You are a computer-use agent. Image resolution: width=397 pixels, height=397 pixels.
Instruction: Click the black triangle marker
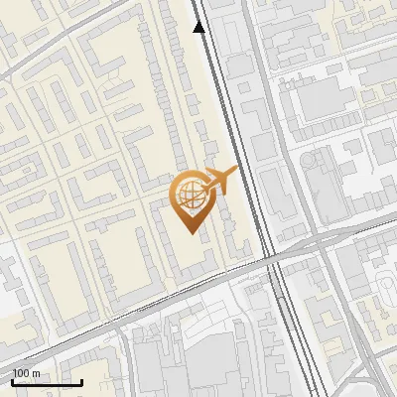[199, 27]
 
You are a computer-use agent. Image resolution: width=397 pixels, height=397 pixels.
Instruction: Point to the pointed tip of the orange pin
[190, 231]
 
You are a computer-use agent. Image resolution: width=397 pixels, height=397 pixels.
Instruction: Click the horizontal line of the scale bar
[46, 383]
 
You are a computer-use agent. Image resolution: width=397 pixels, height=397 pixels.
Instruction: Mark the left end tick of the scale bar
[12, 381]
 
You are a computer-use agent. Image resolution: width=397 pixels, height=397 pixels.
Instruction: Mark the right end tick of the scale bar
[80, 381]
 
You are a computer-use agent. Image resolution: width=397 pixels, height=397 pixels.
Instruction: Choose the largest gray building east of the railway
[328, 99]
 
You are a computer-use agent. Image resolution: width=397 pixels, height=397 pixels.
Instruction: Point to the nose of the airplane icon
[236, 171]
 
